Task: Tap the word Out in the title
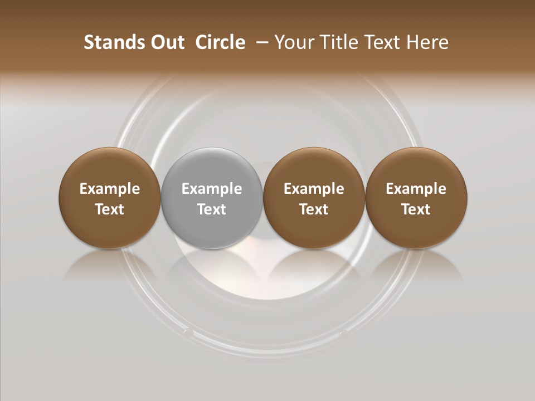pos(166,42)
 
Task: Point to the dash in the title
pos(260,42)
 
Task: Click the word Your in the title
pos(292,43)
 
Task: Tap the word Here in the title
pos(428,42)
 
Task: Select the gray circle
pos(212,198)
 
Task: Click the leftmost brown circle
pos(110,198)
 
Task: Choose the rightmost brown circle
pos(416,198)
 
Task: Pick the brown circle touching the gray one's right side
pos(314,198)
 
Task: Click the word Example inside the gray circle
pos(212,189)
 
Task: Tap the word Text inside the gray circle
pos(212,209)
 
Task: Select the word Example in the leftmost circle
pos(110,189)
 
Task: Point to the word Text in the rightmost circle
pos(416,209)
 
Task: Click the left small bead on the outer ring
pos(188,332)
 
